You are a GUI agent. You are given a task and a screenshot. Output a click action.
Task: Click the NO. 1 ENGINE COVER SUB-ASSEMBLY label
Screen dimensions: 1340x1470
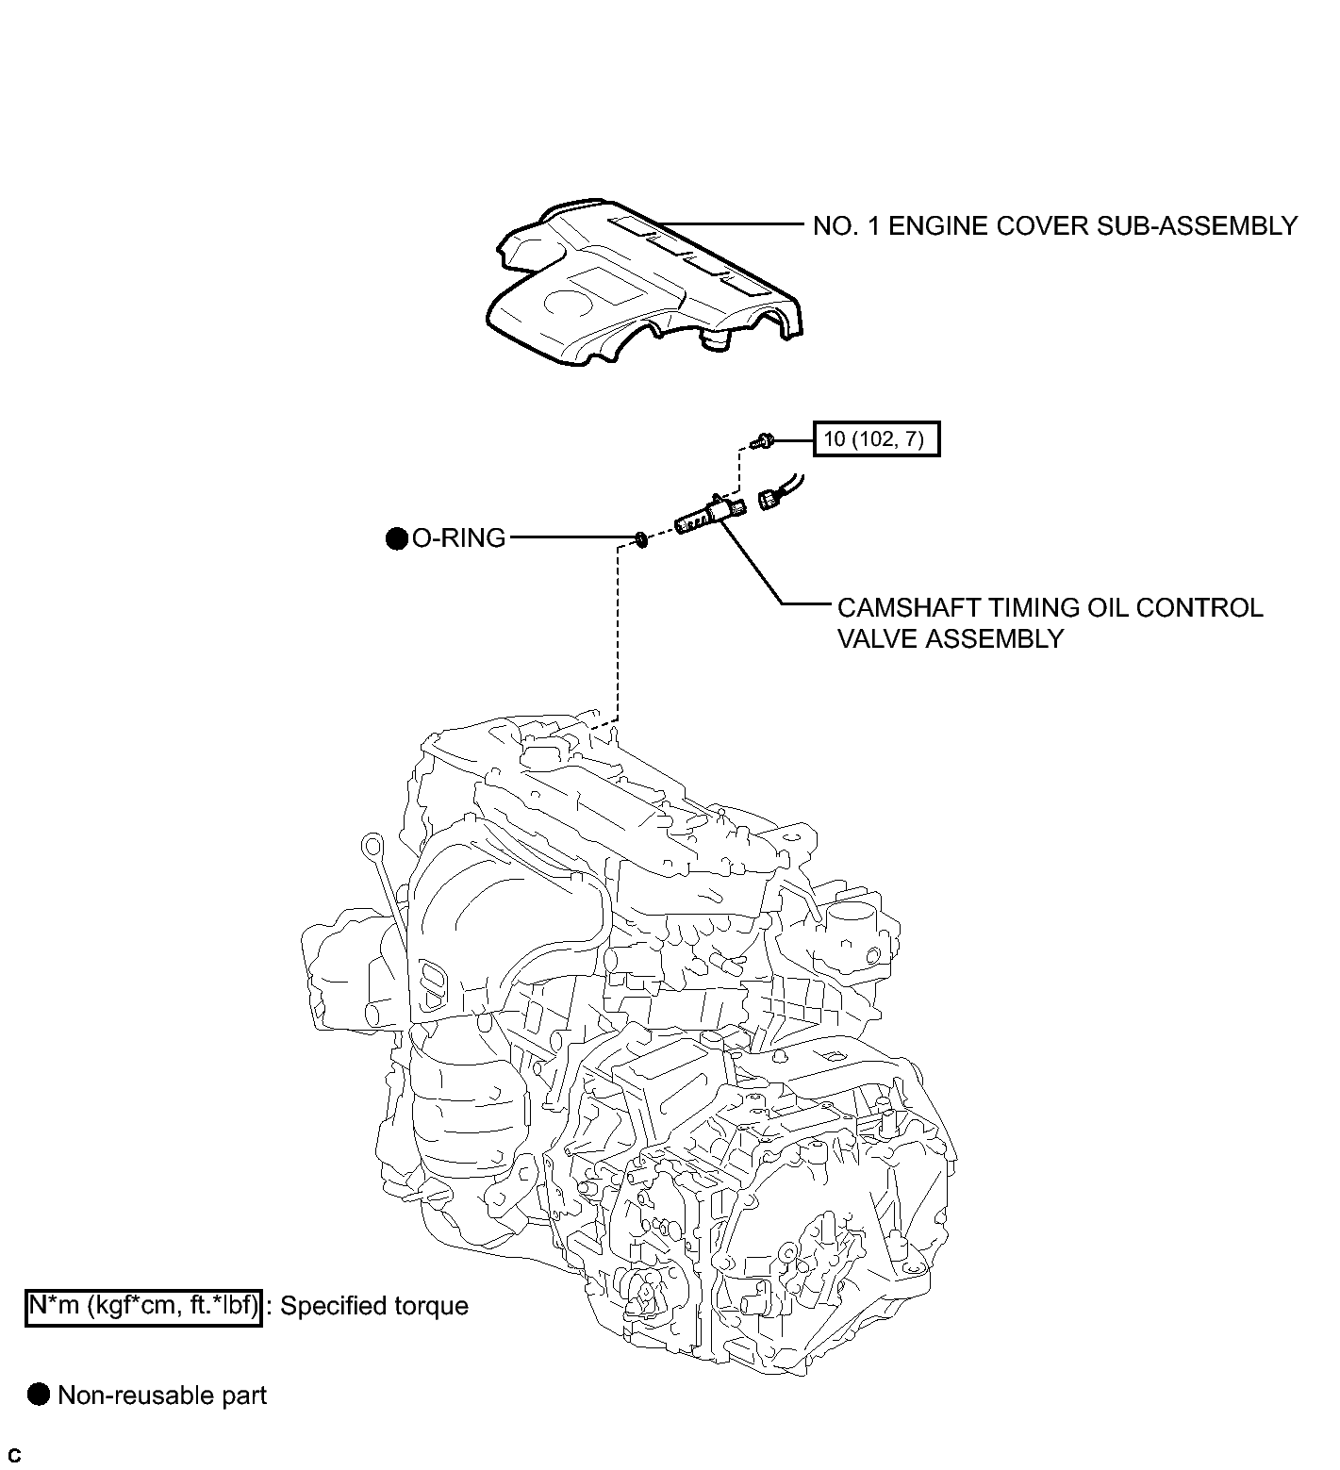pos(1055,226)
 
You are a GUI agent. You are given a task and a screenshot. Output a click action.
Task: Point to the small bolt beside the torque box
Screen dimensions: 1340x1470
pos(763,438)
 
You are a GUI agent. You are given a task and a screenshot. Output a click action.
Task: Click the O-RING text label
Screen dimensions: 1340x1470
pos(458,538)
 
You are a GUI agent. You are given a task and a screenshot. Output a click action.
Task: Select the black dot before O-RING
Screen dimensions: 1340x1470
pos(397,538)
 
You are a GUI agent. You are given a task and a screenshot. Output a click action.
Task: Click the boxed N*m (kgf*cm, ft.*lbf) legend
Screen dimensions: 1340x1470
pos(143,1306)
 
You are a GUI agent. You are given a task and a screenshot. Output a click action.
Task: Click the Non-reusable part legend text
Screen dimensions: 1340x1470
pos(162,1396)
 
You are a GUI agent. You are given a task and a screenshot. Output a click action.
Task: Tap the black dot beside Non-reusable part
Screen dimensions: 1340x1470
pos(39,1396)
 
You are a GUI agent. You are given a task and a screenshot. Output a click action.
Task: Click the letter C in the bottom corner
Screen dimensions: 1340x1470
pos(14,1456)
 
